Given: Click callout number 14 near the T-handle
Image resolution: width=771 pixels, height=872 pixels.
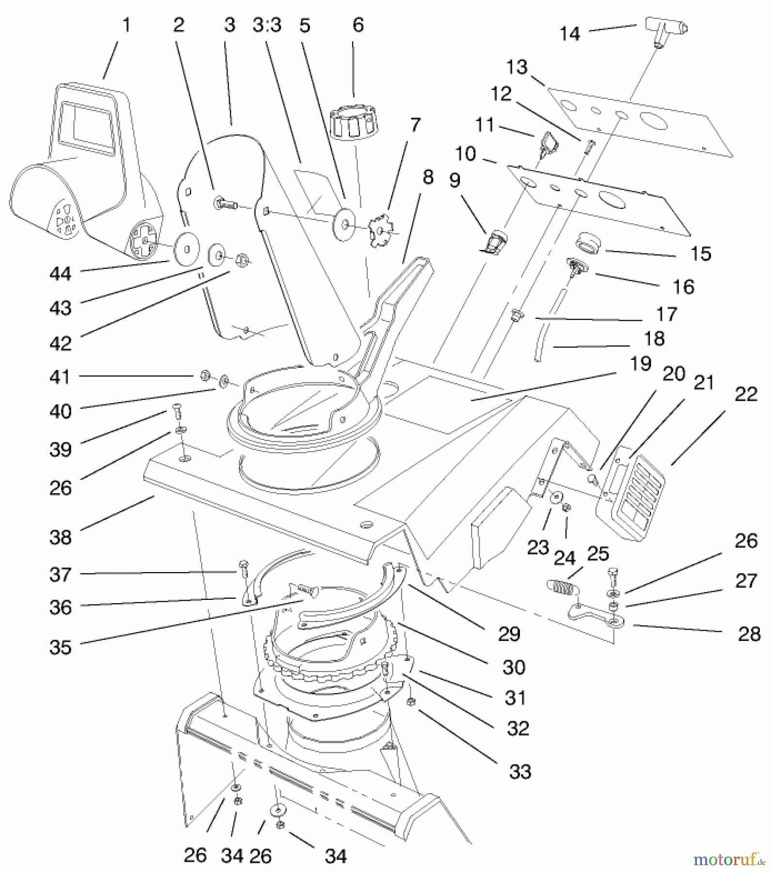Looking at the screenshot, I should (569, 34).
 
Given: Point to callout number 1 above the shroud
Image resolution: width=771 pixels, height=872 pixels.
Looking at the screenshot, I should (126, 25).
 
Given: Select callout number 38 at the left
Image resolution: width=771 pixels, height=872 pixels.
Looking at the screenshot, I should (60, 537).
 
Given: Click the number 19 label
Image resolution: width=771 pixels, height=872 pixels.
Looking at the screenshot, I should (641, 363).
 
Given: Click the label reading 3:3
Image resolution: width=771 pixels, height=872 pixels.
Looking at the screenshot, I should (267, 25).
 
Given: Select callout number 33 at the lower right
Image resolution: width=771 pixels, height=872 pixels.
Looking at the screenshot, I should (520, 771).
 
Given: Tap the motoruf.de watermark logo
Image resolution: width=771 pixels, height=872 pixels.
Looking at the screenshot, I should (724, 859).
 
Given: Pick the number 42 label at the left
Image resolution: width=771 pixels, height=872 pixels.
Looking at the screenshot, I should (60, 343).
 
